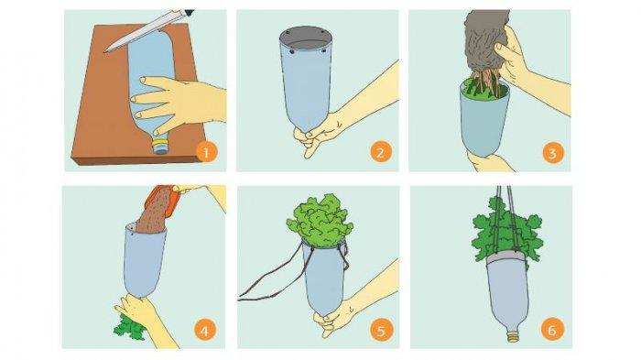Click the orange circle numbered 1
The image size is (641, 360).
(206, 152)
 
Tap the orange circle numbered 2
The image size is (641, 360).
(381, 152)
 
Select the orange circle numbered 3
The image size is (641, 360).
(553, 153)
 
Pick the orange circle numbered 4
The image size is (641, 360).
(204, 330)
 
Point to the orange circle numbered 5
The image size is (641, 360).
(381, 330)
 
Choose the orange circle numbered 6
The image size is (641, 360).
(552, 330)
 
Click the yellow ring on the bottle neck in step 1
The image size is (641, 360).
(159, 144)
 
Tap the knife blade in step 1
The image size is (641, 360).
(140, 31)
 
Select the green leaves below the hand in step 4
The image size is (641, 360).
(129, 326)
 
